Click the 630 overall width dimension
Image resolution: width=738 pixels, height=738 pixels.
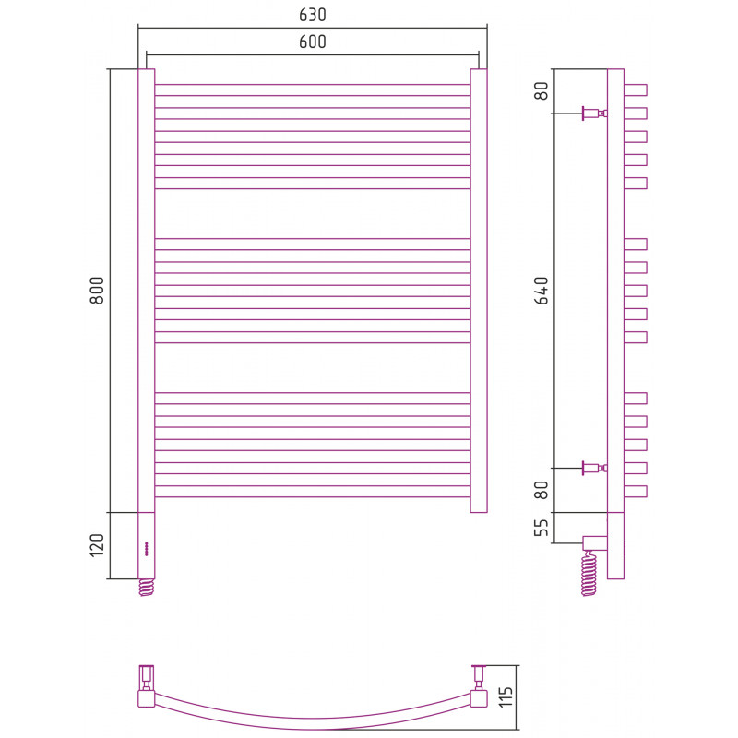click(x=313, y=15)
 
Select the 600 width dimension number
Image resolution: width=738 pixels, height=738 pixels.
click(x=313, y=42)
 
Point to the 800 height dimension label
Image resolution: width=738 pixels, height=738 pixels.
click(x=97, y=291)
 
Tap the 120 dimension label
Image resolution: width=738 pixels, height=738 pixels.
click(x=97, y=545)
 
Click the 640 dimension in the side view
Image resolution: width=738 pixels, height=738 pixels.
click(x=542, y=291)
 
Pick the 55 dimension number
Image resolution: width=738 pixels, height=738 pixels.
click(x=542, y=528)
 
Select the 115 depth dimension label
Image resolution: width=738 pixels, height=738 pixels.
click(x=506, y=697)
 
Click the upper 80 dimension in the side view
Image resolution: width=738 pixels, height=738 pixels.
click(x=542, y=90)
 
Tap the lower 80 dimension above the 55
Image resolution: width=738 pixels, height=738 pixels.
click(x=542, y=490)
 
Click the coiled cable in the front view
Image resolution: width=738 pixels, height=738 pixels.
click(x=147, y=588)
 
